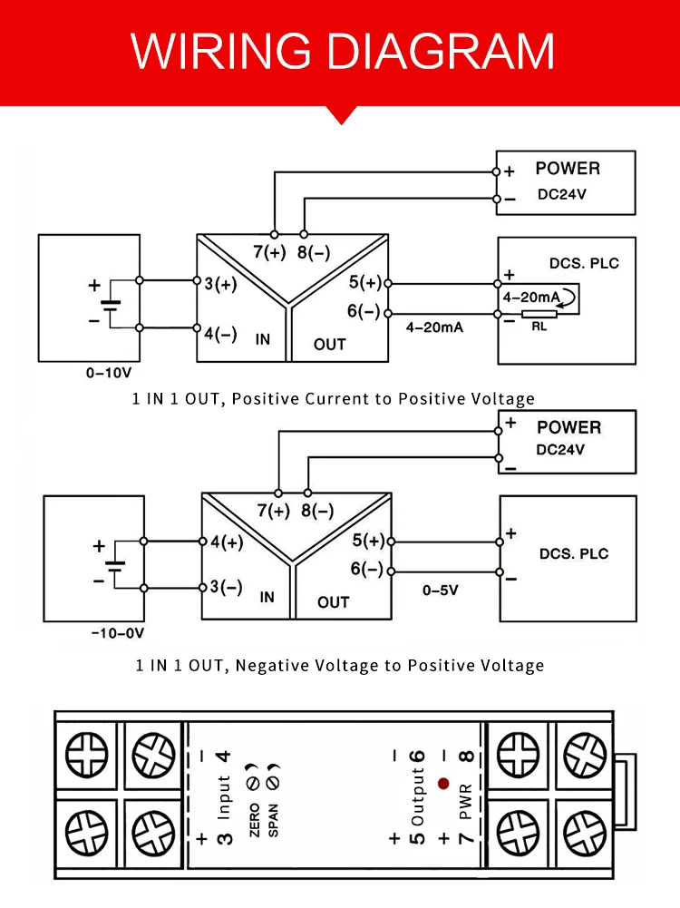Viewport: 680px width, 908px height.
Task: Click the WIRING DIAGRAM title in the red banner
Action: click(343, 51)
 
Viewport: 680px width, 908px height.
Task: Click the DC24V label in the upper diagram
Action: click(561, 193)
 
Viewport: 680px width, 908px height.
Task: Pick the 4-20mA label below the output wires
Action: click(435, 327)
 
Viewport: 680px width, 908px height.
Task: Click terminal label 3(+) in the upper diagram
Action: click(220, 284)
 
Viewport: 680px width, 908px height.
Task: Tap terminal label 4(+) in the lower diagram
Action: click(227, 542)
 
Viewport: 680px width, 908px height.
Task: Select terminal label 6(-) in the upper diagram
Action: click(364, 311)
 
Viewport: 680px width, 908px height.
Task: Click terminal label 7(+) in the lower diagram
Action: click(273, 511)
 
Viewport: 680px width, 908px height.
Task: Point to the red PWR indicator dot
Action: click(442, 783)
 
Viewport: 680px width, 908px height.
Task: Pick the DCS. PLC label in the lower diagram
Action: click(574, 553)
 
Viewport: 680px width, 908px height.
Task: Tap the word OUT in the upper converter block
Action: click(330, 344)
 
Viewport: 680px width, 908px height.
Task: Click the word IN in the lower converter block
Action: click(267, 598)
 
